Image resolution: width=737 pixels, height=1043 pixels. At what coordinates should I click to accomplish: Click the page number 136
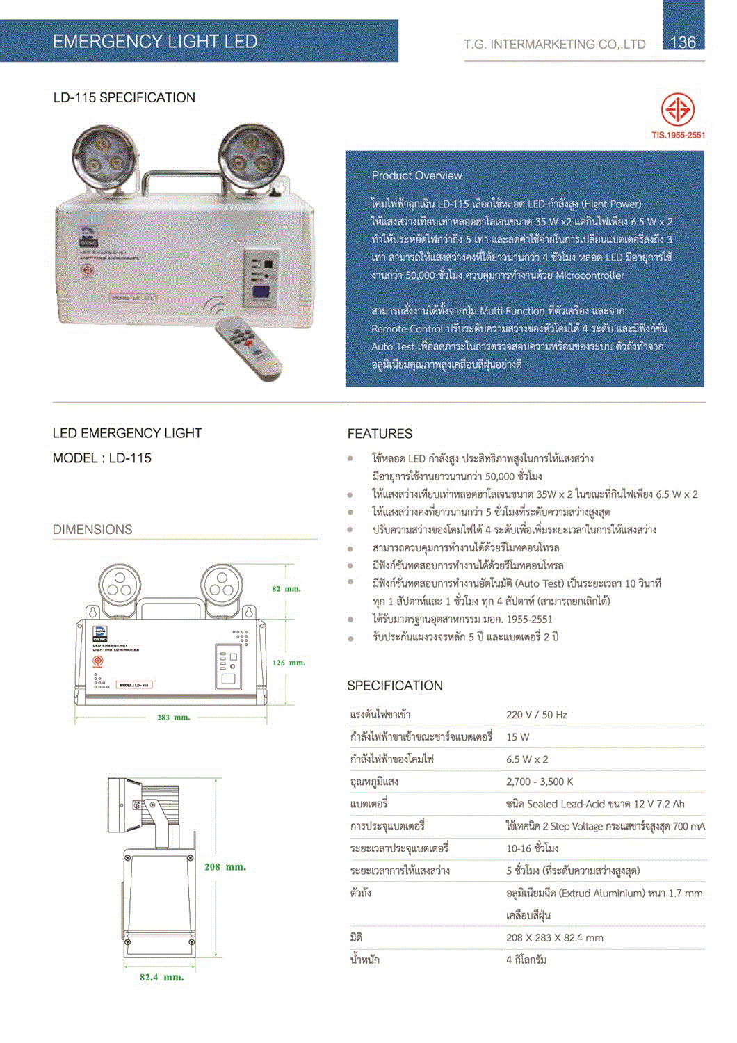[x=683, y=42]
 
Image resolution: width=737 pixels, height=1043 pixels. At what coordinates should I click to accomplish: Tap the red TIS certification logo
[x=677, y=110]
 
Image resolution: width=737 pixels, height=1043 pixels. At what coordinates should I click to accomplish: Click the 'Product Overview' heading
[x=416, y=176]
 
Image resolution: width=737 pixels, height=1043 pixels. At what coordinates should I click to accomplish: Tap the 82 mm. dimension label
[x=286, y=589]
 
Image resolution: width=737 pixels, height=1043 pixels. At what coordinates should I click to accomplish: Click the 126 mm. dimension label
[x=289, y=663]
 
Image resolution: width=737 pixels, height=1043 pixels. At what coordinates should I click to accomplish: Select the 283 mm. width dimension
[x=173, y=718]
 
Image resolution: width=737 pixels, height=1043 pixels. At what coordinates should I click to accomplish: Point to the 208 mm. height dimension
[x=225, y=867]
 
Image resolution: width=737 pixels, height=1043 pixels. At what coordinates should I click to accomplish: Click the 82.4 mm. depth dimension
[x=161, y=977]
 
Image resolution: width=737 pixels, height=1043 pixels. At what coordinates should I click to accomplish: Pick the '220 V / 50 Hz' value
[x=537, y=715]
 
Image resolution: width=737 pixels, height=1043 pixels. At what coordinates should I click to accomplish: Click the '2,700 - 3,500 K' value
[x=540, y=782]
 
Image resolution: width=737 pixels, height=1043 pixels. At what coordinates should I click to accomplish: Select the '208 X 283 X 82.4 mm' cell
[x=555, y=938]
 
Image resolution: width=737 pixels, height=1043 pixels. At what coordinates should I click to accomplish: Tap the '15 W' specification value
[x=518, y=737]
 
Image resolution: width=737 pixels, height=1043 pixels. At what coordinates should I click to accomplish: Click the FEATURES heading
[x=380, y=434]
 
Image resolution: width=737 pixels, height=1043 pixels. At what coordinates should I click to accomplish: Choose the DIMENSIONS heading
[x=92, y=530]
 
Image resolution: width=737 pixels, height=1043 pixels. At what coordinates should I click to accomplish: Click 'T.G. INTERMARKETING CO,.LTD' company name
[x=554, y=45]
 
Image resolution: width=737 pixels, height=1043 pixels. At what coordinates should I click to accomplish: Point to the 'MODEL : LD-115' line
[x=102, y=458]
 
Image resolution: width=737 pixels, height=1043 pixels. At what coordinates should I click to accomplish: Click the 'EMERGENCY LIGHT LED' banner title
[x=155, y=42]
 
